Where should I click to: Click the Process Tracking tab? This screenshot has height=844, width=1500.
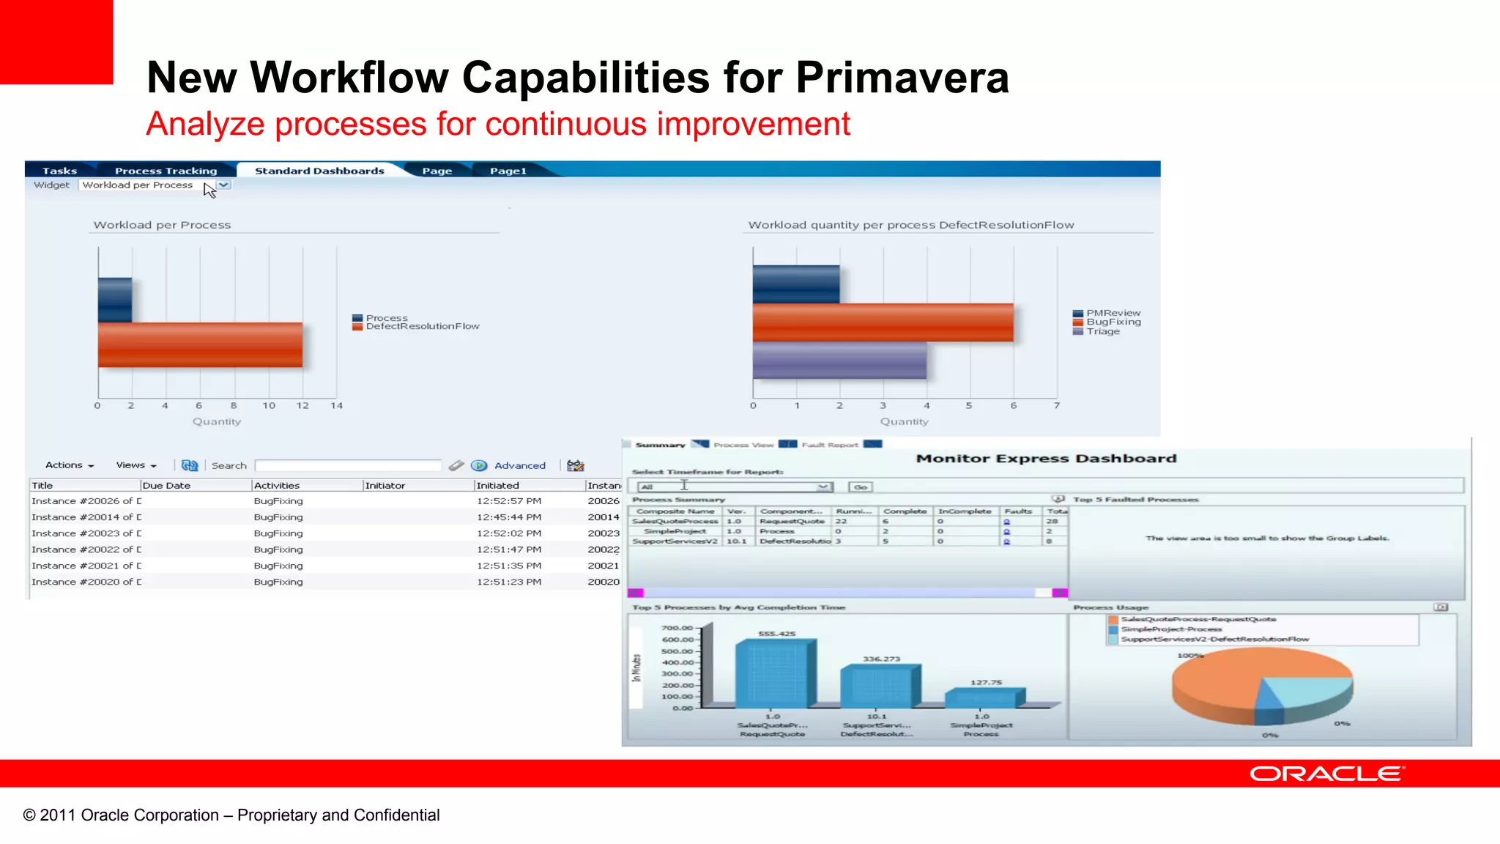pyautogui.click(x=166, y=171)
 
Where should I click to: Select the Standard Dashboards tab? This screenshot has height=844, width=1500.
pyautogui.click(x=319, y=171)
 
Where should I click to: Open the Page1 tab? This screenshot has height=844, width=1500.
pyautogui.click(x=508, y=171)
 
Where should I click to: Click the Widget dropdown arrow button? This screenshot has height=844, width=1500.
pyautogui.click(x=224, y=185)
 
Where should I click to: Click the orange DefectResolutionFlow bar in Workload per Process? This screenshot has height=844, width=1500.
pyautogui.click(x=200, y=344)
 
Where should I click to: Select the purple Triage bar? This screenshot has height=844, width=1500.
pyautogui.click(x=839, y=360)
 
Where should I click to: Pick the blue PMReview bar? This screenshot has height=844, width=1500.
pyautogui.click(x=796, y=284)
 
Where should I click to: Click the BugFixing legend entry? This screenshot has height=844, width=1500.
pyautogui.click(x=1113, y=322)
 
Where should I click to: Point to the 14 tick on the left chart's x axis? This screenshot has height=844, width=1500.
pyautogui.click(x=336, y=406)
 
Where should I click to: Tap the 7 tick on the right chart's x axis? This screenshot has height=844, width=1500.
pyautogui.click(x=1057, y=406)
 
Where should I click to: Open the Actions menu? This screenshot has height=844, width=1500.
pyautogui.click(x=70, y=465)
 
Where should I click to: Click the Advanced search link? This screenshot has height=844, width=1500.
pyautogui.click(x=519, y=466)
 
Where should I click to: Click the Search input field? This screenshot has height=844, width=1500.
pyautogui.click(x=348, y=466)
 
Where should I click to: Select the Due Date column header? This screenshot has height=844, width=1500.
pyautogui.click(x=167, y=486)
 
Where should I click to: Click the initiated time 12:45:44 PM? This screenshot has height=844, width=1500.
pyautogui.click(x=509, y=517)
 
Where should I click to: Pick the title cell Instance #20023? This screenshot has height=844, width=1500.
pyautogui.click(x=86, y=533)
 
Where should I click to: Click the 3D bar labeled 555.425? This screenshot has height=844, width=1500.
pyautogui.click(x=775, y=673)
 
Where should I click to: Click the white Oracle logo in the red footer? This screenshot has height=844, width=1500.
pyautogui.click(x=1326, y=774)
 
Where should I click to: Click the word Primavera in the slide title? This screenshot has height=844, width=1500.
pyautogui.click(x=902, y=78)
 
